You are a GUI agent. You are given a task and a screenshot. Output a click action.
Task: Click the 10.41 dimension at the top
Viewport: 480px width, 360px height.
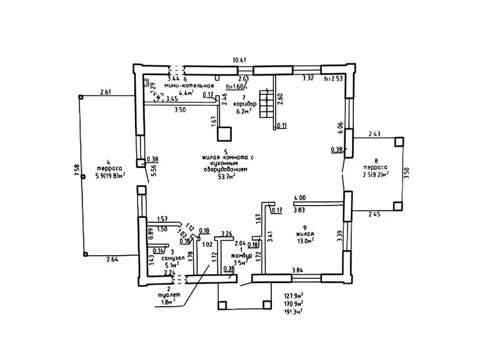[x=240, y=60]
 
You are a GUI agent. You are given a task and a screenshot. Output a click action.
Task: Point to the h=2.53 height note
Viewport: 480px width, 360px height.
[x=335, y=78]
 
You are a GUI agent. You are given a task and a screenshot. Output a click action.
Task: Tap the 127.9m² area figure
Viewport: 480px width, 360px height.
[x=294, y=296]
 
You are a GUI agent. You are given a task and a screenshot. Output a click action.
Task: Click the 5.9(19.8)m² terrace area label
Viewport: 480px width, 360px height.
[x=106, y=174]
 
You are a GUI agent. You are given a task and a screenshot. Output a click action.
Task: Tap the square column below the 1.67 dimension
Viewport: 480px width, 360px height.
[x=223, y=133]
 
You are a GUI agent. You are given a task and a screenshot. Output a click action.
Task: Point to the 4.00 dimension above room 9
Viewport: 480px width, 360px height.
[x=300, y=198]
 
